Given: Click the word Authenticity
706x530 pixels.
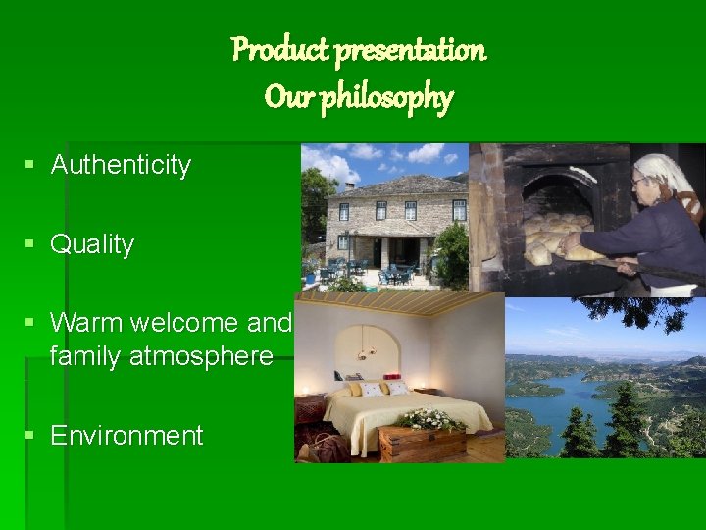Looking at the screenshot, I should (121, 165).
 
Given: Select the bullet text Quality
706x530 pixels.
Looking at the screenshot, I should (92, 244).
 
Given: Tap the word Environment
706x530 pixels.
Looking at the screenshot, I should (126, 435).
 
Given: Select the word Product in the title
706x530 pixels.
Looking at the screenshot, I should (279, 49).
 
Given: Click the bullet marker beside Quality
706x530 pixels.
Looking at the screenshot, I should (32, 244).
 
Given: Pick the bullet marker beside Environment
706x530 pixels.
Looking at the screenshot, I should (32, 435).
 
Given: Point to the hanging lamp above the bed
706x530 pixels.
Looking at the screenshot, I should (367, 348).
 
